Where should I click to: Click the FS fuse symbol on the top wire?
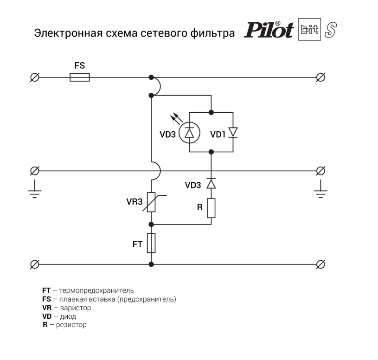point(80,77)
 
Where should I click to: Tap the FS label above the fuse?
point(80,65)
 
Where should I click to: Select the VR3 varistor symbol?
point(151,202)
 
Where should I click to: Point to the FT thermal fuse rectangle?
point(151,243)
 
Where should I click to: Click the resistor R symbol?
point(211,207)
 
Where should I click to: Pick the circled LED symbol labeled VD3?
point(189,132)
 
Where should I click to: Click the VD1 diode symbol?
point(233,132)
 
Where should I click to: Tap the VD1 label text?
point(218,135)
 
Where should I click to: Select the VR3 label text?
point(134,202)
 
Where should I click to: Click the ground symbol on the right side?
point(320,190)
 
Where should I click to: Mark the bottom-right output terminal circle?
point(320,264)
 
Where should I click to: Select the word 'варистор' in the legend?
point(75,308)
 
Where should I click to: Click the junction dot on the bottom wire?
point(151,264)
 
